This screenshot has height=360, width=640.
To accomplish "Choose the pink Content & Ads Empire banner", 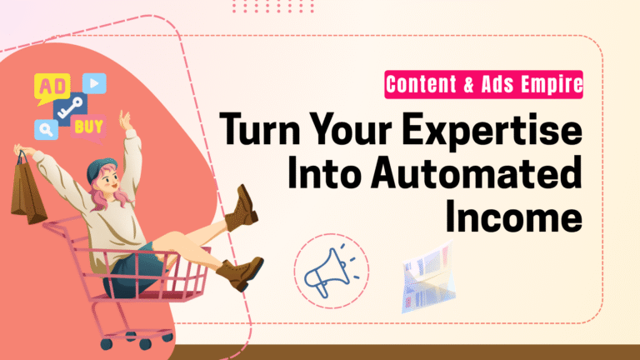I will click(x=482, y=84).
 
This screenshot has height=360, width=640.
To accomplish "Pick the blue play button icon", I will click(x=94, y=82).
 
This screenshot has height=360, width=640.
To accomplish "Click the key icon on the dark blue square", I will click(x=71, y=107).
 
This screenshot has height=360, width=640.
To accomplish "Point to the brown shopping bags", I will click(x=28, y=194).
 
